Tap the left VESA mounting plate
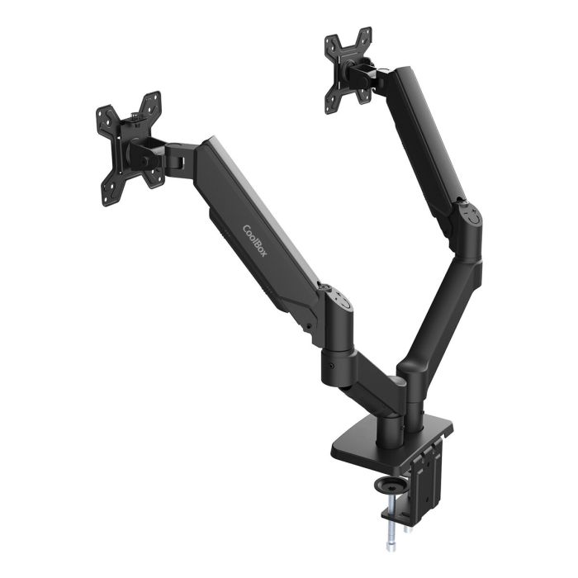point(128,149)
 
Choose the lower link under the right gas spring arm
point(442,306)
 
